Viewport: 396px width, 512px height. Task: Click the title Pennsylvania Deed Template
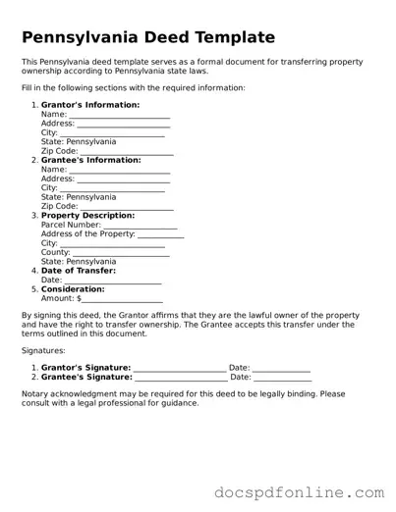[x=148, y=38]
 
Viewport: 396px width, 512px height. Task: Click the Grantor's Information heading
[x=90, y=104]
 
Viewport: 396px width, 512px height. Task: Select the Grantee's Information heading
[x=90, y=159]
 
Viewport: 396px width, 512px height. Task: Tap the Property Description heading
[x=88, y=215]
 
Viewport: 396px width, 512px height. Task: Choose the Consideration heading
[x=73, y=289]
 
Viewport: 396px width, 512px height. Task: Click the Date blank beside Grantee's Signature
[x=283, y=378]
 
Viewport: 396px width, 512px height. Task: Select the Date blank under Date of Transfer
[x=114, y=282]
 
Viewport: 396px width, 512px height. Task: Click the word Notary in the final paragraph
[x=34, y=394]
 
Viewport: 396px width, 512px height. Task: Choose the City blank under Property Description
[x=112, y=244]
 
